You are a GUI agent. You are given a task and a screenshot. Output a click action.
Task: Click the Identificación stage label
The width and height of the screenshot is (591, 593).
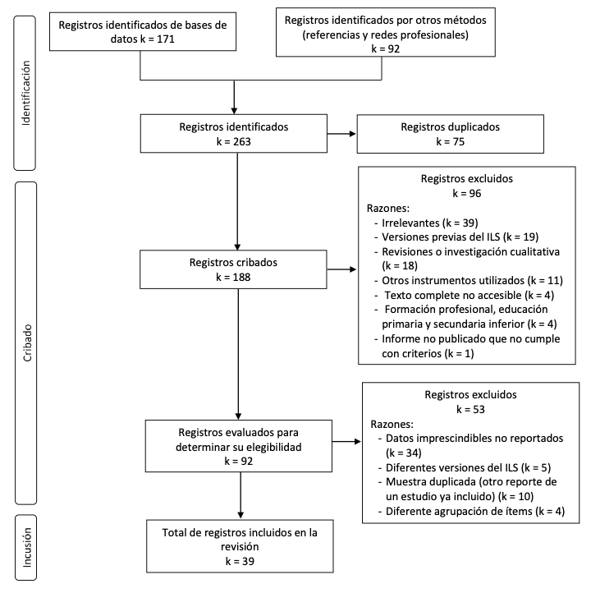[x=25, y=93]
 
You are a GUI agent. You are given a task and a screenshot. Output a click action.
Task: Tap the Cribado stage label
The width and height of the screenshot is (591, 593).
[x=27, y=343]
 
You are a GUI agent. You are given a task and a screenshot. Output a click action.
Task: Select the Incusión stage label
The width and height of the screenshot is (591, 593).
[x=26, y=547]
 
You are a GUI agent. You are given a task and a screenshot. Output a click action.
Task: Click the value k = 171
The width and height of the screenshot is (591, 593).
[x=158, y=39]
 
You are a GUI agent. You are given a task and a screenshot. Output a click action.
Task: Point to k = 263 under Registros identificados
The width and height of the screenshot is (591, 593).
[x=234, y=141]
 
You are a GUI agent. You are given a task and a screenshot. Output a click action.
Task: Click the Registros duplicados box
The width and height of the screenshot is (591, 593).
[x=451, y=134]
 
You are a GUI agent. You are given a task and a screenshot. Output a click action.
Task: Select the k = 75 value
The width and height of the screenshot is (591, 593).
[x=450, y=141]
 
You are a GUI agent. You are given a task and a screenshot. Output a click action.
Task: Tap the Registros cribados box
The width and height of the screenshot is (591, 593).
[x=233, y=269]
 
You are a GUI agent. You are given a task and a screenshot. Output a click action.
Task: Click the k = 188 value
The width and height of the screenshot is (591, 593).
[x=233, y=278]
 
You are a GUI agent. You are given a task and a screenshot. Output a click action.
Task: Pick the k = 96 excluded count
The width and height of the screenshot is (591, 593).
[x=467, y=193]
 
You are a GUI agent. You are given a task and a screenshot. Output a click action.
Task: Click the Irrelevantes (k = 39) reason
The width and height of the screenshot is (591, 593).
[x=430, y=223]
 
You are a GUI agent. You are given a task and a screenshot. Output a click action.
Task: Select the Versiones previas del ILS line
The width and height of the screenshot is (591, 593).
[x=460, y=237]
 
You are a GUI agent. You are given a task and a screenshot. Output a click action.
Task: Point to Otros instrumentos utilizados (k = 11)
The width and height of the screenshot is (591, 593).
[x=472, y=280]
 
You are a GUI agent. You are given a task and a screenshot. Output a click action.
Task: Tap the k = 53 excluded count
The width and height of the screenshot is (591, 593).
[x=470, y=409]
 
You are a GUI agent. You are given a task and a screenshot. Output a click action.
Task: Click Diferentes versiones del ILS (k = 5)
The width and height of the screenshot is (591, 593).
[x=468, y=467]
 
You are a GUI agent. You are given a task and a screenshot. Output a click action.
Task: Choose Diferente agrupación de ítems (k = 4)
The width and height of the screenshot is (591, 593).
[x=475, y=512]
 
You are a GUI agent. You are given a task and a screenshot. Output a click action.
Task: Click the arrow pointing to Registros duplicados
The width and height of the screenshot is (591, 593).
[x=341, y=134]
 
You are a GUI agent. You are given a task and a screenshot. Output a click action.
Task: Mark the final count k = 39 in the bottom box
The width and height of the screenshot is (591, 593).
[x=240, y=561]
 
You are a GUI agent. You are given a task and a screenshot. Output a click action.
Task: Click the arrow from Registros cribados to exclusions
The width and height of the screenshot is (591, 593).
[x=341, y=269]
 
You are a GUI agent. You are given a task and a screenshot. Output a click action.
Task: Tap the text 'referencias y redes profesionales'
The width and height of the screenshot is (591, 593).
[x=386, y=34]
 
